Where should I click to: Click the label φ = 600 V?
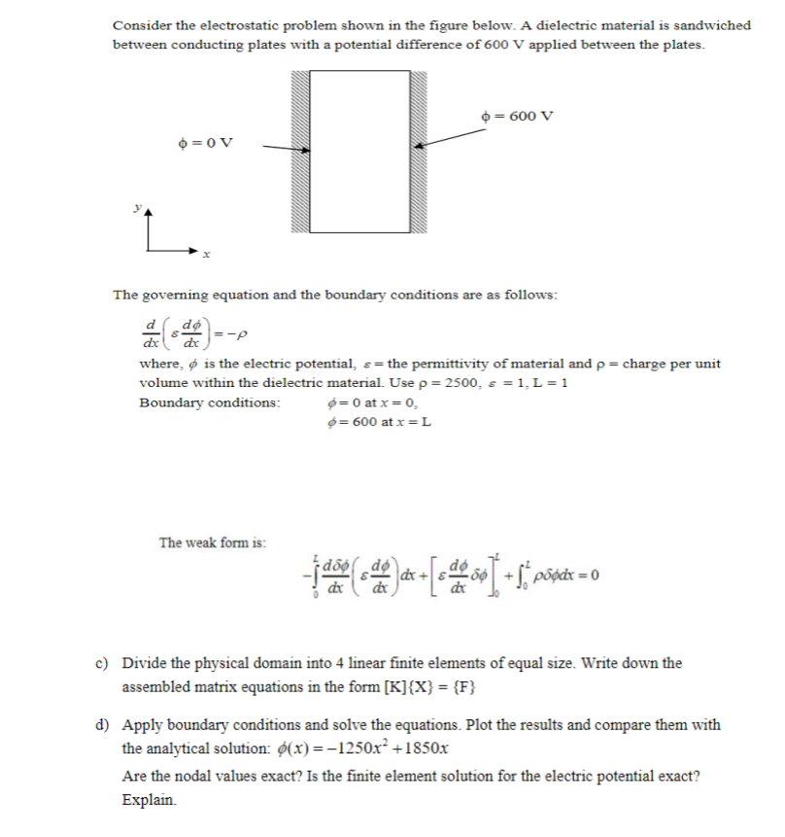(x=518, y=116)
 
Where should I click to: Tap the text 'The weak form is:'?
(x=213, y=542)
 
